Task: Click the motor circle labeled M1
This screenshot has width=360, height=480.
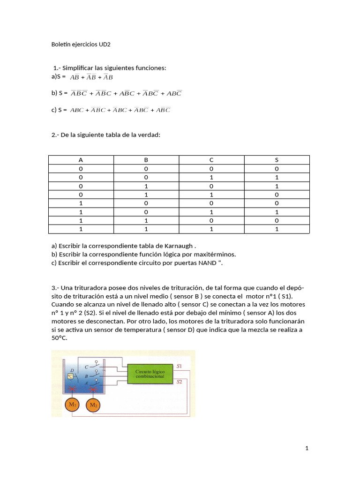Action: click(72, 405)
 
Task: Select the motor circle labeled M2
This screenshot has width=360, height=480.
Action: click(93, 405)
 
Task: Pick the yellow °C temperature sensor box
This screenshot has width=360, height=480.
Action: click(70, 376)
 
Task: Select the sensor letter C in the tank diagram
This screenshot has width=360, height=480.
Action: click(86, 367)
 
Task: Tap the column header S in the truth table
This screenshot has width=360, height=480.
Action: click(277, 160)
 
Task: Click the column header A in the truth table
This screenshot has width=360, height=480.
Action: click(81, 160)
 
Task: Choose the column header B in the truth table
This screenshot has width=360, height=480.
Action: click(146, 160)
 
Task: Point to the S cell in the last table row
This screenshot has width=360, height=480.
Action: click(277, 229)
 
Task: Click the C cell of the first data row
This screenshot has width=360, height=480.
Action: click(211, 169)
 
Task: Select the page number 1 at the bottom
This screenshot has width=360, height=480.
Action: click(307, 448)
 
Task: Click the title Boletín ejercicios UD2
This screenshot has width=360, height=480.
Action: click(81, 45)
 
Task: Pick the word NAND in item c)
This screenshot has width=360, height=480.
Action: click(207, 262)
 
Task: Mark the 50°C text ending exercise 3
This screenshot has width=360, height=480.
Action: click(59, 338)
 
